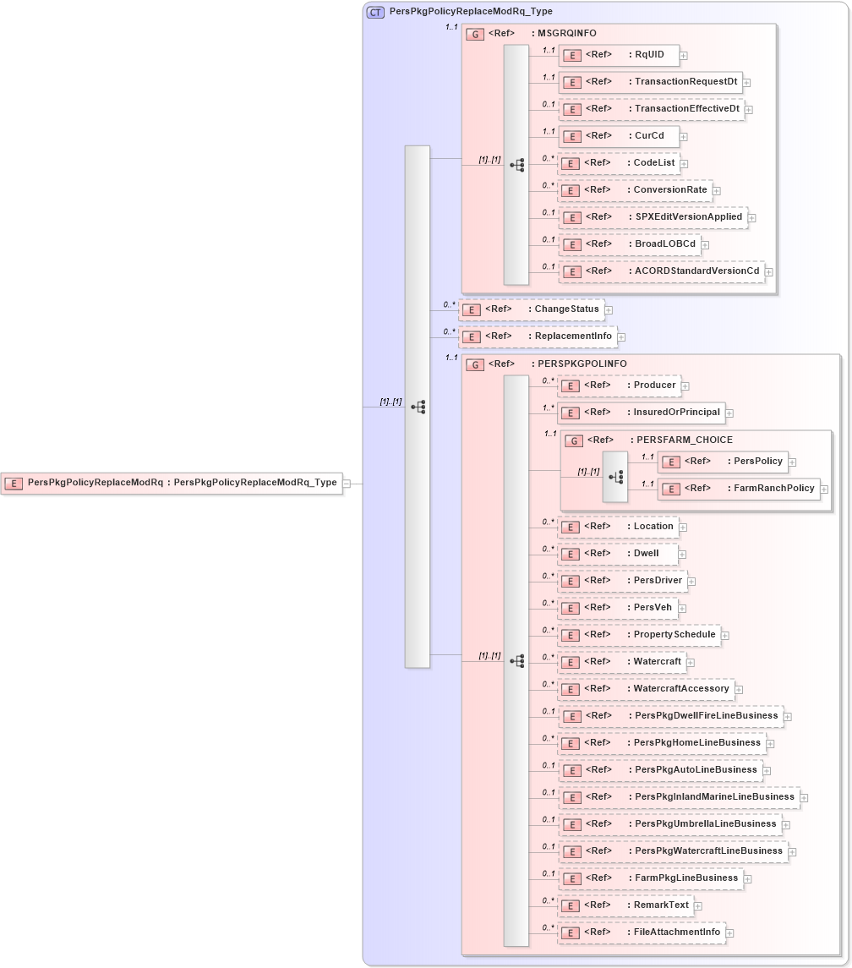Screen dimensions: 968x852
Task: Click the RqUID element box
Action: tap(619, 55)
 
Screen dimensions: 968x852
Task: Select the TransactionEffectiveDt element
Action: tap(652, 109)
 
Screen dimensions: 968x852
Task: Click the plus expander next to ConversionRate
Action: tap(717, 191)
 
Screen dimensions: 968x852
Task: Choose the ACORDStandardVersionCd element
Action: tap(662, 271)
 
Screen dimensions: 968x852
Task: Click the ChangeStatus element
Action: tap(532, 309)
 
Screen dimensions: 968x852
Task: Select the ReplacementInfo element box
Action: tap(537, 336)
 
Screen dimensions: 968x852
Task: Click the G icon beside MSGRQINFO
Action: tap(476, 35)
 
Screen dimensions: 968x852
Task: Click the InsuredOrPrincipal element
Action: tap(642, 413)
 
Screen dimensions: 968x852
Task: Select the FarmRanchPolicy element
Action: tap(739, 488)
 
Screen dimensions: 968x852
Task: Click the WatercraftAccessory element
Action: tap(646, 689)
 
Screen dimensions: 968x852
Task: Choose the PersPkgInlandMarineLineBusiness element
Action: tap(679, 797)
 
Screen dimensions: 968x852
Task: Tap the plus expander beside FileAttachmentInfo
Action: tap(730, 933)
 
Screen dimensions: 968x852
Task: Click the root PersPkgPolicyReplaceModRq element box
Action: tap(172, 483)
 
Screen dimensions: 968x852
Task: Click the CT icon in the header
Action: tap(375, 12)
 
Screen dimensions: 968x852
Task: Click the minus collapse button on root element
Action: tap(347, 484)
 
